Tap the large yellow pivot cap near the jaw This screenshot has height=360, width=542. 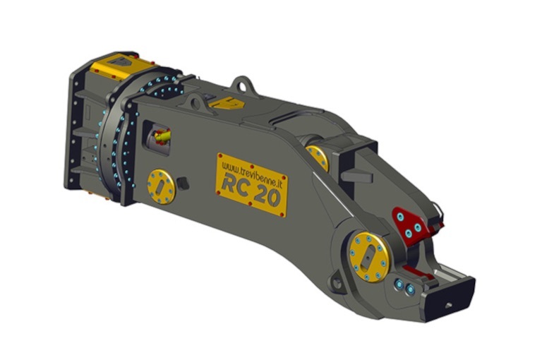(368, 255)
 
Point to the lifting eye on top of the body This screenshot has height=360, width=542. (243, 85)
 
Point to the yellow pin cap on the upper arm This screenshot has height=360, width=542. (318, 157)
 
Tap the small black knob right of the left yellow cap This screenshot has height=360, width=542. (184, 184)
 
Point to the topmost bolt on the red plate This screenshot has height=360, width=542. (401, 216)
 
